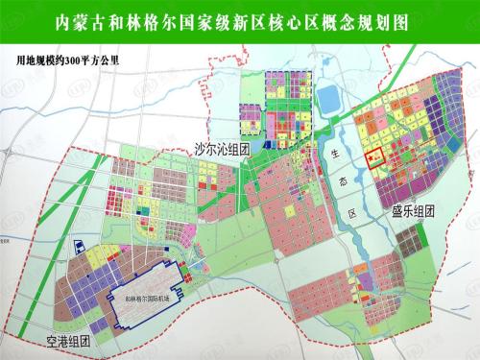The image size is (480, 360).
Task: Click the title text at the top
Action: (x=240, y=20)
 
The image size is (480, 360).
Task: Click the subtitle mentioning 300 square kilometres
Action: (x=72, y=58)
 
